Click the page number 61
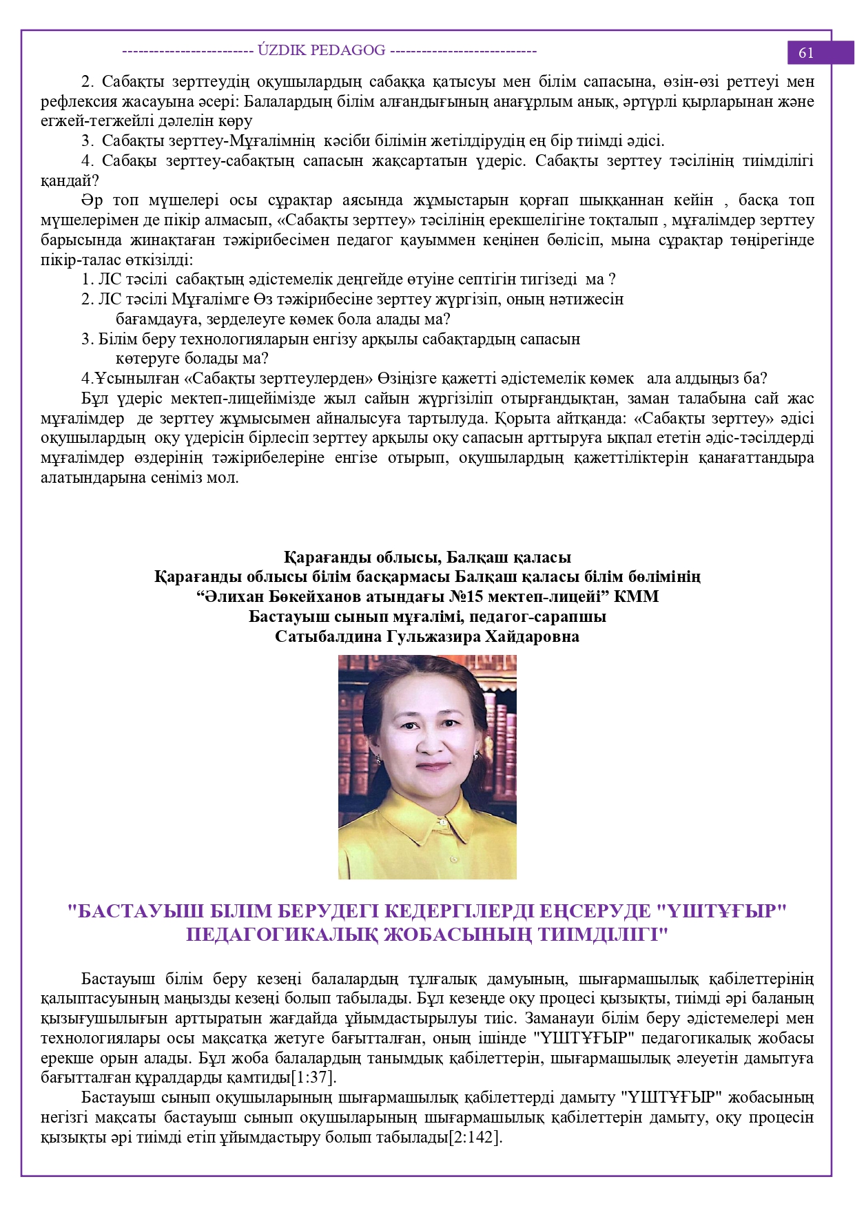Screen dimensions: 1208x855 coord(805,53)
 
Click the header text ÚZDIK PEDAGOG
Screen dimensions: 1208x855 coord(321,50)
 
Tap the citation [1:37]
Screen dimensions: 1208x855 coord(313,1077)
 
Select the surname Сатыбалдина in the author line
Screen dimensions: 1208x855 coord(328,636)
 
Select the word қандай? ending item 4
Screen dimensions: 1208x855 coord(70,181)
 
